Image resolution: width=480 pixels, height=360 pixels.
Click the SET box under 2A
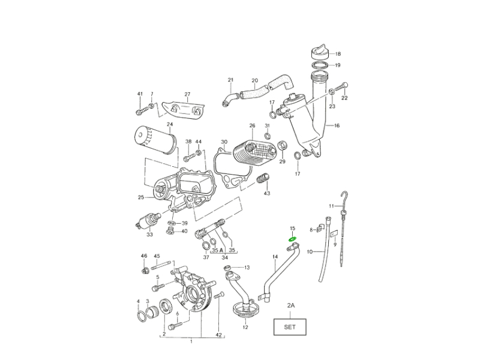click(x=290, y=328)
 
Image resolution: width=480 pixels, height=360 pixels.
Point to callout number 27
click(x=187, y=94)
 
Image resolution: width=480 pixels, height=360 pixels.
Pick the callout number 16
click(x=337, y=126)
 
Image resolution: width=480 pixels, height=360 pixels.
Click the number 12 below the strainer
click(x=245, y=328)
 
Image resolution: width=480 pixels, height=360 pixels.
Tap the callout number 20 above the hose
click(x=254, y=80)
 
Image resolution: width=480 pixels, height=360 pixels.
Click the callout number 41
click(x=140, y=94)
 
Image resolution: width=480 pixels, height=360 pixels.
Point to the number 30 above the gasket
click(x=224, y=142)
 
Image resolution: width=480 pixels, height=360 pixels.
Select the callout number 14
click(x=275, y=257)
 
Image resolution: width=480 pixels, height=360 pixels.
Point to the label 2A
click(x=290, y=305)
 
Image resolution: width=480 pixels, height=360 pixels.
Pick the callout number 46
click(x=144, y=256)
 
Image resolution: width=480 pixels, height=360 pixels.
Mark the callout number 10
click(x=310, y=252)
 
